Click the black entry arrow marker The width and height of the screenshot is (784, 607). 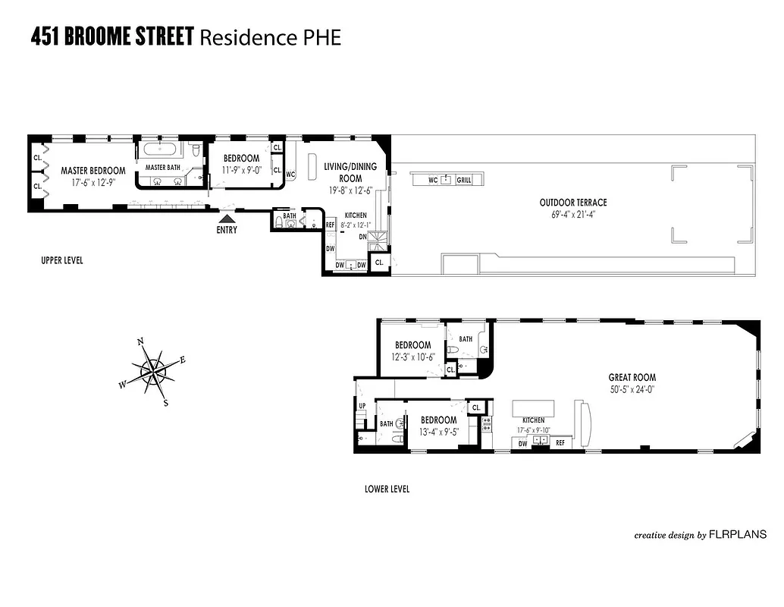[226, 219]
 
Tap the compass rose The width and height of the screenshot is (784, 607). [153, 372]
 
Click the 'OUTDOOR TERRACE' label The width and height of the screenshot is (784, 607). [573, 203]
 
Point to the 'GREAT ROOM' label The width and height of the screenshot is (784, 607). [632, 377]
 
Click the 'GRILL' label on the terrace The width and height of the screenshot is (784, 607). [463, 180]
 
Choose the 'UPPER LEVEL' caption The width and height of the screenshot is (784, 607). [62, 260]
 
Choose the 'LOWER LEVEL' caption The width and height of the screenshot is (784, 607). [387, 489]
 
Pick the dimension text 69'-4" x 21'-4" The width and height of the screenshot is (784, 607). [573, 214]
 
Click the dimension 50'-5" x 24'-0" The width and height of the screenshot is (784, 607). [632, 388]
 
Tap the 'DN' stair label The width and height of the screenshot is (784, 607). [362, 236]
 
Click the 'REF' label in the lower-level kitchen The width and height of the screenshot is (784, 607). [560, 442]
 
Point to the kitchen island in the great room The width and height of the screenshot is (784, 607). [534, 408]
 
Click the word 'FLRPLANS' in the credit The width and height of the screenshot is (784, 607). [737, 535]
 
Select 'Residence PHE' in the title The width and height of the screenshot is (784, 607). [270, 36]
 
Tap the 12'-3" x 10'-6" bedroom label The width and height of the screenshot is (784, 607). [412, 357]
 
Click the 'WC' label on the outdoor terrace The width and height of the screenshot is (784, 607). [433, 180]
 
